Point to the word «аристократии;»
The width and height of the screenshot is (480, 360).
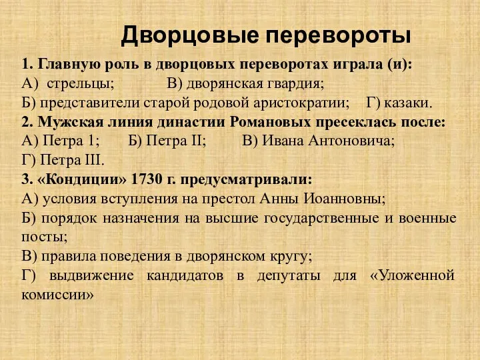tap(303, 104)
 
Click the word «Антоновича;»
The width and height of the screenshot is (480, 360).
tap(354, 142)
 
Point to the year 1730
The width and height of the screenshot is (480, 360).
tap(146, 180)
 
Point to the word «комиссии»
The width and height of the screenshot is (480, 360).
tap(57, 294)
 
